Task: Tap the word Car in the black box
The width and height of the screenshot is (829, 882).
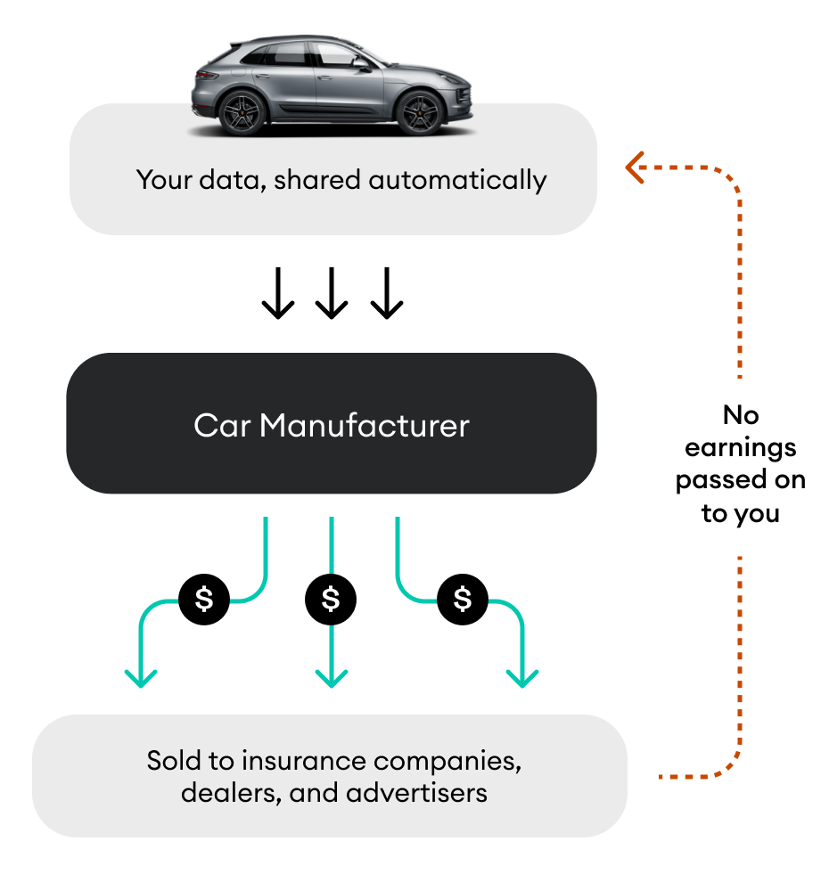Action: point(222,425)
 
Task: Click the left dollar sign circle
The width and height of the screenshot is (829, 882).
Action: point(204,599)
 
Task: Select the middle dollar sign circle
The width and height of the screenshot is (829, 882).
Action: point(331,599)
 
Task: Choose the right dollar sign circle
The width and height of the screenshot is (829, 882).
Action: point(462,599)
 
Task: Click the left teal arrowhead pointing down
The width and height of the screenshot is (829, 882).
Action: point(140,677)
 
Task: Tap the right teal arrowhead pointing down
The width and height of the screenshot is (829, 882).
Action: point(522,677)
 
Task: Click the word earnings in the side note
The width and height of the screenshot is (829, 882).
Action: point(740,447)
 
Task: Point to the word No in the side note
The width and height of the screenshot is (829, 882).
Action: point(740,415)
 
